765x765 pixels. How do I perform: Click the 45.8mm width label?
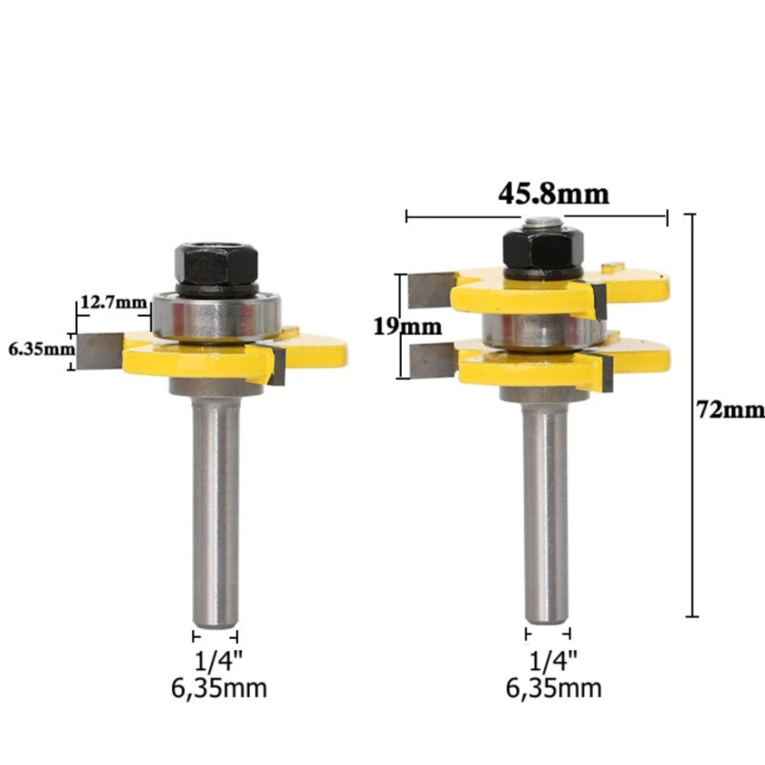(554, 194)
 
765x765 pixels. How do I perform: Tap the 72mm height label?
(731, 409)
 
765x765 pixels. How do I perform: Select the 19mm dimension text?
(408, 326)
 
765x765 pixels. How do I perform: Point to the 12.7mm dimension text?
(113, 302)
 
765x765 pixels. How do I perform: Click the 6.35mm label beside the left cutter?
(42, 349)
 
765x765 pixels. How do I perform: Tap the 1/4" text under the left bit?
(218, 661)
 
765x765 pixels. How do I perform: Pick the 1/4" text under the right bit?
(553, 661)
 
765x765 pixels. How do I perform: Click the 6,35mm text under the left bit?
(219, 688)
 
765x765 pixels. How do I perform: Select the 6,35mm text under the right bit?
(553, 688)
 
